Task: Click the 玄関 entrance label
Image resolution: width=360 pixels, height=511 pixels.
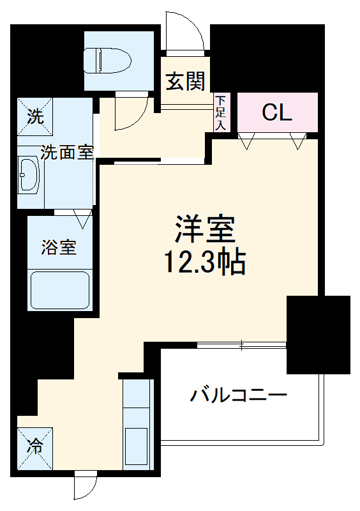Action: (x=186, y=81)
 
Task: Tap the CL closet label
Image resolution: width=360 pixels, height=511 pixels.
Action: (x=278, y=112)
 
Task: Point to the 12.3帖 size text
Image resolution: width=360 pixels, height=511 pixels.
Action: (x=206, y=261)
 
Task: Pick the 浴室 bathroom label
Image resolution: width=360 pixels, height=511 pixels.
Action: (x=59, y=247)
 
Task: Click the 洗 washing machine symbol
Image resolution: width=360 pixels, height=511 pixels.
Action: (x=36, y=116)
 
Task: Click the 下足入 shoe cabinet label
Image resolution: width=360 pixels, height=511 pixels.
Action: (x=220, y=112)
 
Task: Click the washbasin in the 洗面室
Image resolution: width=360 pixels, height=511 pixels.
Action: (x=29, y=174)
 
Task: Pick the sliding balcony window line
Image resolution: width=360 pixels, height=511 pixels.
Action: (x=243, y=346)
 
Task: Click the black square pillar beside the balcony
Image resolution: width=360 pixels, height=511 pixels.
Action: (x=318, y=334)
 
